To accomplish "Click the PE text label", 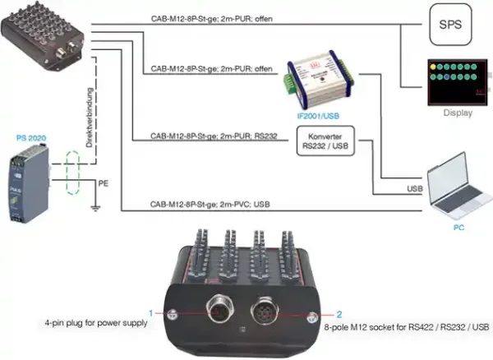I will pyautogui.click(x=104, y=181).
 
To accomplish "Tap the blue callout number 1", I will pyautogui.click(x=151, y=313).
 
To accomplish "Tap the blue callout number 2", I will pyautogui.click(x=339, y=313).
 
